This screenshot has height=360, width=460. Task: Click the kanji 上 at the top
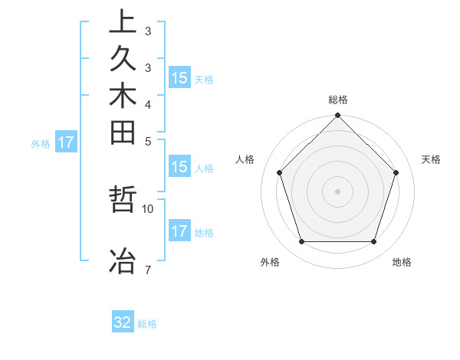(x=123, y=21)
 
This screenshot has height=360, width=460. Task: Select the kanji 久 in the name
(x=123, y=59)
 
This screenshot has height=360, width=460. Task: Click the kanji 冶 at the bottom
(x=123, y=260)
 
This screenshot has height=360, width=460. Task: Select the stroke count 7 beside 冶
(x=147, y=270)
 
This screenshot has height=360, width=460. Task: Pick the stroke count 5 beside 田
(x=147, y=140)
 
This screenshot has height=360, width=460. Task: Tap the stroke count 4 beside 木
(x=147, y=103)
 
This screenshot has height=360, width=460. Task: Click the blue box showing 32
(x=123, y=323)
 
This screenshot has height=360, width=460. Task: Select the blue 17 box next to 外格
(x=66, y=142)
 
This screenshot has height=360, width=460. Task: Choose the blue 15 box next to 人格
(x=179, y=168)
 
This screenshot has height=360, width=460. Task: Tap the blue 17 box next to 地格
(x=179, y=231)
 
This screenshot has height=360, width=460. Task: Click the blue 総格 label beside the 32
(x=147, y=324)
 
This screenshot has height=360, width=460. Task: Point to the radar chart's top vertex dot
(x=337, y=116)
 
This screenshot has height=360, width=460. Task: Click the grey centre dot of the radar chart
(x=337, y=191)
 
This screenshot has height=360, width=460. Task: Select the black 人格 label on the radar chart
(x=245, y=159)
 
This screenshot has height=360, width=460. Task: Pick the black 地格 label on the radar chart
(x=402, y=262)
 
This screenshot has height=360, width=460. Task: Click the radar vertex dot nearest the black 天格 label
(x=396, y=172)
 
